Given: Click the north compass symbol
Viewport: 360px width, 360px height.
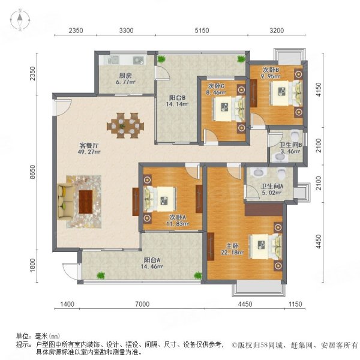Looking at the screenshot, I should click(19, 20).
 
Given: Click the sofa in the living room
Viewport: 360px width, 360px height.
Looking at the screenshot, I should click(64, 201).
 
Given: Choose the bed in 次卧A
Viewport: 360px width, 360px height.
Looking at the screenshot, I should click(161, 197).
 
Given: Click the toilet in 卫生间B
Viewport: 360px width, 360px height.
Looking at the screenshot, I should click(280, 158).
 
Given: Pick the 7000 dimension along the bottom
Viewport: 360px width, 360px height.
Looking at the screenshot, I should click(142, 306).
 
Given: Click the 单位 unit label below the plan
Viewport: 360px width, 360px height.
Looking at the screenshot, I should click(23, 337).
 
